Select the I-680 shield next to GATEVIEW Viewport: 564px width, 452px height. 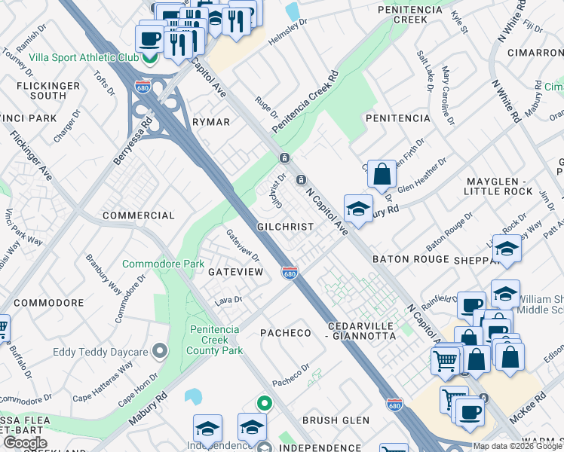click(289, 272)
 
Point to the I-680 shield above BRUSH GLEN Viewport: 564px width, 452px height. click(393, 404)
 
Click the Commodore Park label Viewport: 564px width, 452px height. click(163, 264)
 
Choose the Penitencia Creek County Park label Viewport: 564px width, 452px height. click(215, 340)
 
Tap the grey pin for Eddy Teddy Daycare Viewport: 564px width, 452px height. click(159, 351)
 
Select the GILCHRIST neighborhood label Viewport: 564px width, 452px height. click(285, 226)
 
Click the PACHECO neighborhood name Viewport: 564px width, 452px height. click(286, 332)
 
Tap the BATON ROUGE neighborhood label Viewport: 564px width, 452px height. click(409, 258)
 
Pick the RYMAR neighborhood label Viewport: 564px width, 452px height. click(210, 122)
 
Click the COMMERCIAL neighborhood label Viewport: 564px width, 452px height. click(139, 215)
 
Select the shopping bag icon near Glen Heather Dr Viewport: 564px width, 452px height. click(382, 174)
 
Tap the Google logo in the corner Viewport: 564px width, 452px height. click(25, 443)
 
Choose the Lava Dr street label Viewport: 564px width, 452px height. click(227, 299)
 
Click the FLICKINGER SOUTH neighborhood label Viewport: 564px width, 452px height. click(47, 90)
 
